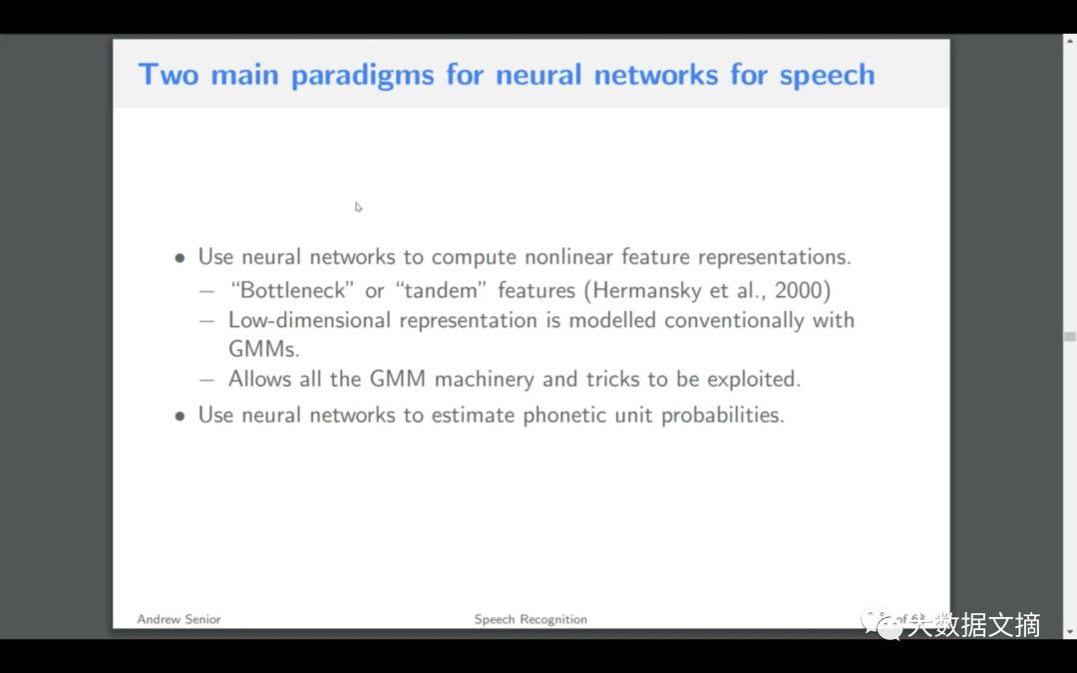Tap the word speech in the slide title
tap(827, 76)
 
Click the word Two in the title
tap(169, 75)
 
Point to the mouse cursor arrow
tap(358, 207)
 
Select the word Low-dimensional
tap(311, 320)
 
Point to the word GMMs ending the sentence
tap(262, 350)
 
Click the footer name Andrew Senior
tap(179, 619)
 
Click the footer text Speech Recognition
tap(531, 619)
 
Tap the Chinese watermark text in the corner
tap(972, 625)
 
